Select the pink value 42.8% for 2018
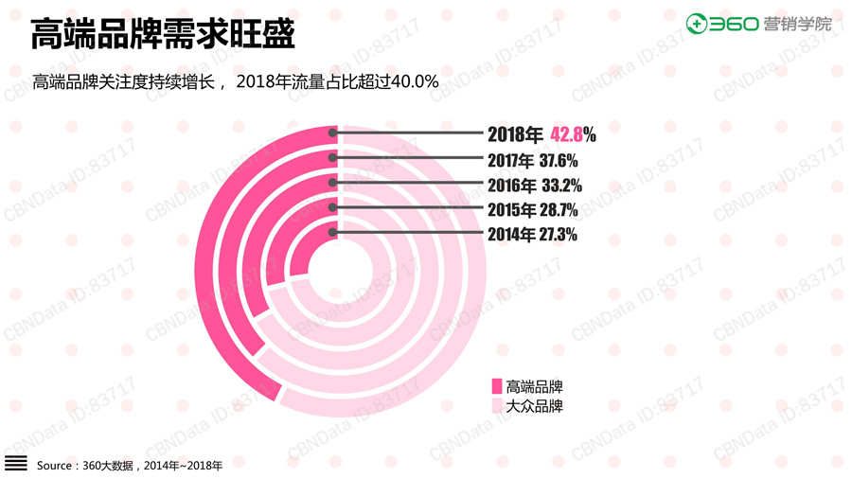[x=573, y=134]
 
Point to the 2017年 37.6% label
[x=532, y=160]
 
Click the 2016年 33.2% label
[x=533, y=185]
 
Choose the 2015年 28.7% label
[x=532, y=209]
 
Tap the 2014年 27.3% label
[x=532, y=234]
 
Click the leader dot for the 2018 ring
[x=332, y=133]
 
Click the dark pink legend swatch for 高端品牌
[x=495, y=386]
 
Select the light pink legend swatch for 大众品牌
[x=495, y=406]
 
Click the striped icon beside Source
[x=16, y=464]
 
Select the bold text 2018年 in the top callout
[x=516, y=134]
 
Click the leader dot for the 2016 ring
[x=332, y=184]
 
